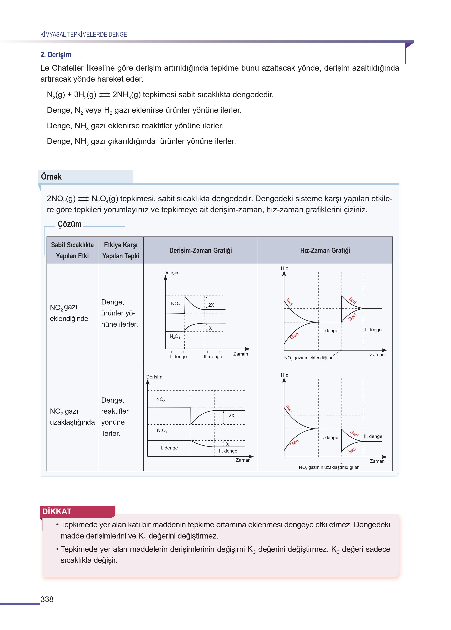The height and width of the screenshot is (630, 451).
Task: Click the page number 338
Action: pyautogui.click(x=47, y=599)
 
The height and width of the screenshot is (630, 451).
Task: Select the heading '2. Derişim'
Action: pyautogui.click(x=56, y=55)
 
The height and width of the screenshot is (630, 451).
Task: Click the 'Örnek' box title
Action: pyautogui.click(x=51, y=177)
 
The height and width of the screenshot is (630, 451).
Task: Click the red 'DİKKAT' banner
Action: pyautogui.click(x=57, y=511)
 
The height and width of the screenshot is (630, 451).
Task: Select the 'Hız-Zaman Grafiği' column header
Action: pyautogui.click(x=325, y=250)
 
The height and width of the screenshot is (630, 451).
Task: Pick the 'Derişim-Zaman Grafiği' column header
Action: pyautogui.click(x=201, y=250)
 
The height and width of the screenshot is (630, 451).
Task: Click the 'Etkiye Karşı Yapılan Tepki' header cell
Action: pyautogui.click(x=121, y=250)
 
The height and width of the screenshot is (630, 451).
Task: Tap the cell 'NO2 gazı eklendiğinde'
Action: pyautogui.click(x=69, y=313)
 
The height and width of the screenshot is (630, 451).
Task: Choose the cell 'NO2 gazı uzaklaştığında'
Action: pyautogui.click(x=72, y=417)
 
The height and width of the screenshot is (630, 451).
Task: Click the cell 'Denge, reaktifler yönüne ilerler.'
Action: pyautogui.click(x=115, y=417)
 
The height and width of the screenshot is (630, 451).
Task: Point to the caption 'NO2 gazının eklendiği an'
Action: pyautogui.click(x=309, y=358)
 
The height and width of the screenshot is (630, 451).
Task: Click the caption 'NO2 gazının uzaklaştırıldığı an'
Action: pyautogui.click(x=329, y=467)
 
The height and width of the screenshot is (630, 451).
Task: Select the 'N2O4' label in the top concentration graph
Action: pyautogui.click(x=175, y=337)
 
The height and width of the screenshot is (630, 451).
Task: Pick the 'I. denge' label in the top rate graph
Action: pyautogui.click(x=330, y=330)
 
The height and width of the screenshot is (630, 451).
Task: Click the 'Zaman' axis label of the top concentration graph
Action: pyautogui.click(x=240, y=354)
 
